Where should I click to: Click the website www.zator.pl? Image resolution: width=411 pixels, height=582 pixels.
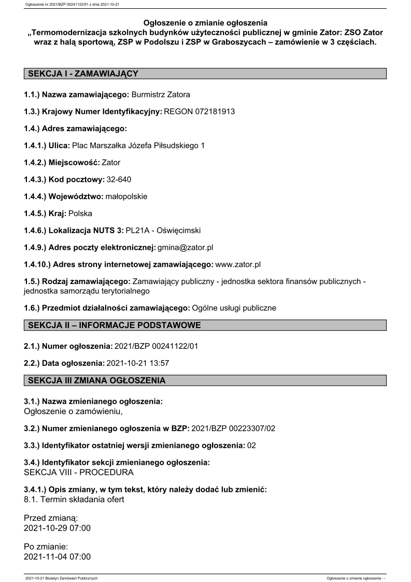(x=237, y=264)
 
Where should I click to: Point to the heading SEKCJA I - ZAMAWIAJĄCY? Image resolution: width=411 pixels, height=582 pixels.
(x=83, y=74)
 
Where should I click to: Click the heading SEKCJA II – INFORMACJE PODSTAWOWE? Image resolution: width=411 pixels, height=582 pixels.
(x=114, y=325)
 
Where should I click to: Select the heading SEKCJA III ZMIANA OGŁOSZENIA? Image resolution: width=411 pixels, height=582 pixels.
(x=97, y=380)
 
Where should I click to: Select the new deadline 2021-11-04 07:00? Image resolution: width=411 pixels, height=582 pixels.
(x=58, y=557)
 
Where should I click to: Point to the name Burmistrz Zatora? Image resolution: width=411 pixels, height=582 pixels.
(x=161, y=95)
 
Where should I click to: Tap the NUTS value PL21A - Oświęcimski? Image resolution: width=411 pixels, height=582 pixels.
(x=163, y=230)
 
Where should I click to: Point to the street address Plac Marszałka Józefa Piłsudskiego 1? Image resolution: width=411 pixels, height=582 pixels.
(x=138, y=146)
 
